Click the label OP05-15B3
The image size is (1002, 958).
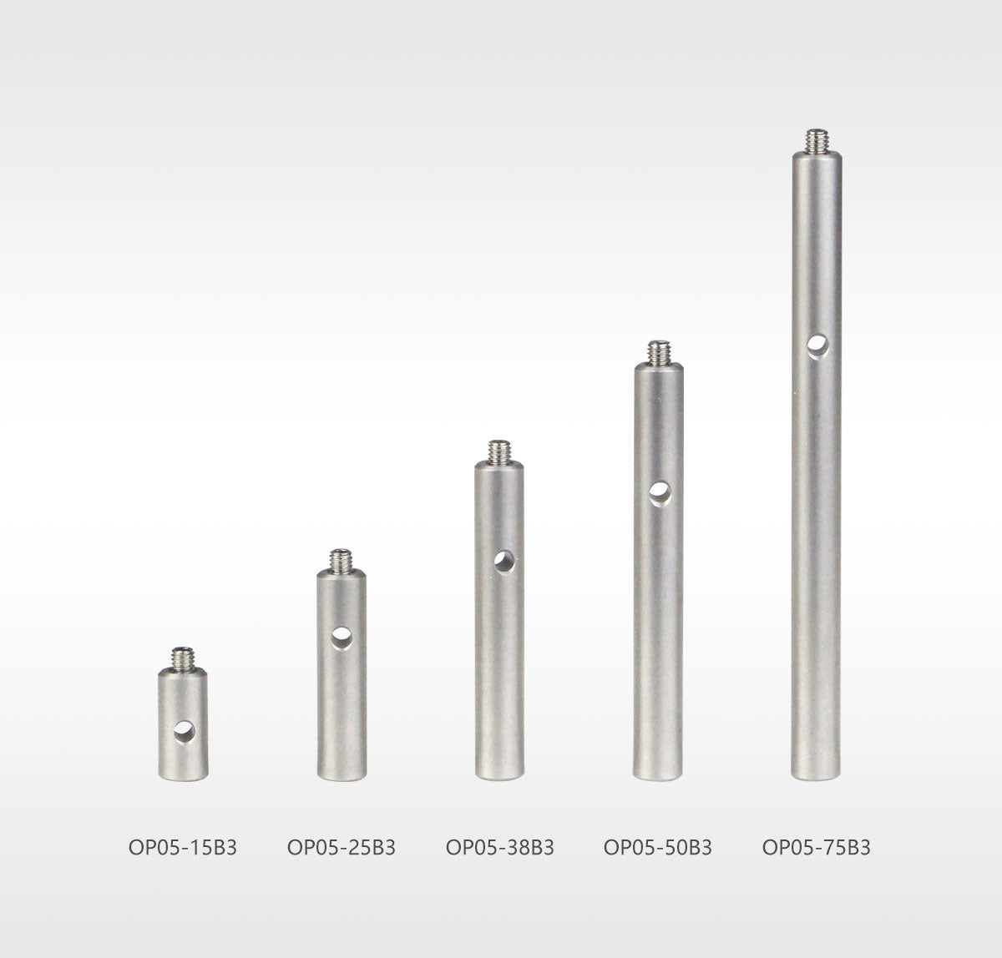click(183, 847)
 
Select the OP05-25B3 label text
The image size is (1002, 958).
click(342, 847)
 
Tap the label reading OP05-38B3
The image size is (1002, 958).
click(500, 847)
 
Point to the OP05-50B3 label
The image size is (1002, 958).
click(658, 847)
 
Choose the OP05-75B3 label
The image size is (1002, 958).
click(817, 847)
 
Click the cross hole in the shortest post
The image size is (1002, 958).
click(185, 732)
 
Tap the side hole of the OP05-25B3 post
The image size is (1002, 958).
click(342, 638)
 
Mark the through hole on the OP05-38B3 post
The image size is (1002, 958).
click(504, 562)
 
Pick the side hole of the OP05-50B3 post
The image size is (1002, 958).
click(660, 494)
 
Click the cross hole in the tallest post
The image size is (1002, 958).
click(818, 347)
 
